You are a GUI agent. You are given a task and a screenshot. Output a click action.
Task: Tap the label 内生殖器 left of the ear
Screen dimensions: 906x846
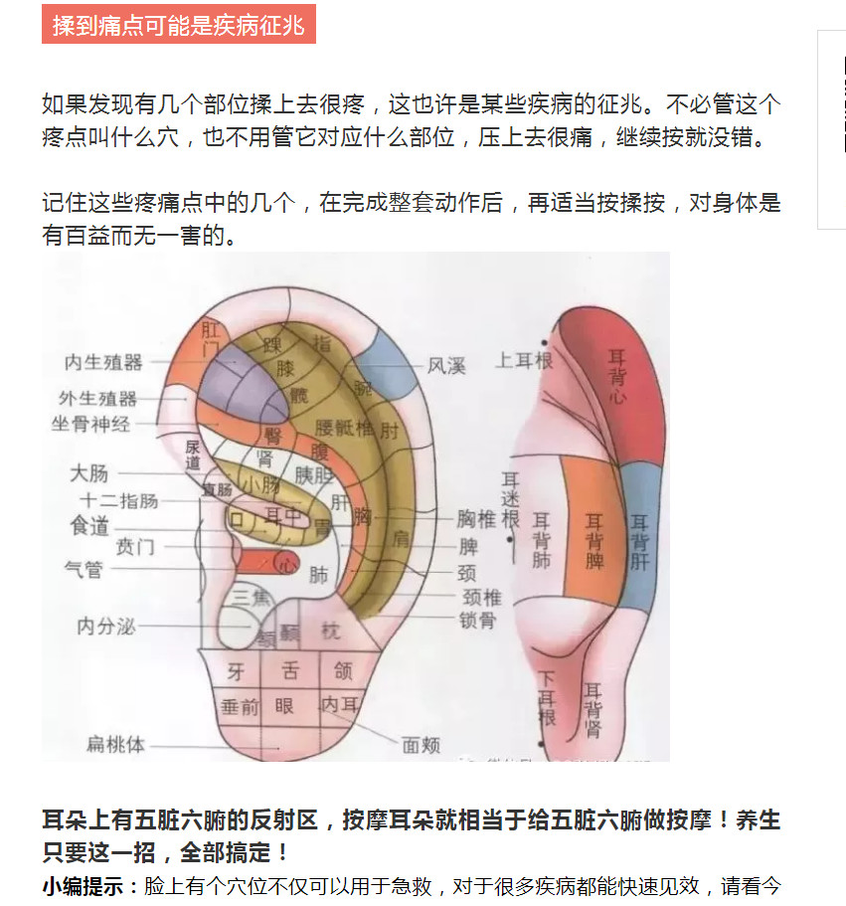tap(103, 363)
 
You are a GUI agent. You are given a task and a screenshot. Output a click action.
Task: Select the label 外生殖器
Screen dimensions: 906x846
tap(97, 399)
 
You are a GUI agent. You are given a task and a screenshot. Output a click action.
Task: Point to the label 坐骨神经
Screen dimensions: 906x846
tap(91, 425)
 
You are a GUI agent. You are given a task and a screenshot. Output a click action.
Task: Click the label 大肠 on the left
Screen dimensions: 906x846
tap(89, 473)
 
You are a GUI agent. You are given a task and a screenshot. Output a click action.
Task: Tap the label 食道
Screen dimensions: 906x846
tap(89, 526)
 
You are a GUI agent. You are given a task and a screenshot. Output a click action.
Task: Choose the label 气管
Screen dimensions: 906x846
tap(84, 569)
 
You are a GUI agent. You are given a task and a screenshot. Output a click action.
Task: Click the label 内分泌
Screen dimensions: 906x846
tap(105, 627)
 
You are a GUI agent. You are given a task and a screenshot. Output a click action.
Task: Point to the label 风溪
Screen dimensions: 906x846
tap(446, 366)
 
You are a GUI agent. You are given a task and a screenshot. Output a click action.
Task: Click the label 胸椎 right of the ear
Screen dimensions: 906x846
tap(476, 519)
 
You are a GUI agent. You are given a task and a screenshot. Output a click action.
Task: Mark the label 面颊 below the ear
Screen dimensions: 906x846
tap(421, 745)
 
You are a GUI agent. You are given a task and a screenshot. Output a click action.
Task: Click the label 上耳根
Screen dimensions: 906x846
tap(524, 360)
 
